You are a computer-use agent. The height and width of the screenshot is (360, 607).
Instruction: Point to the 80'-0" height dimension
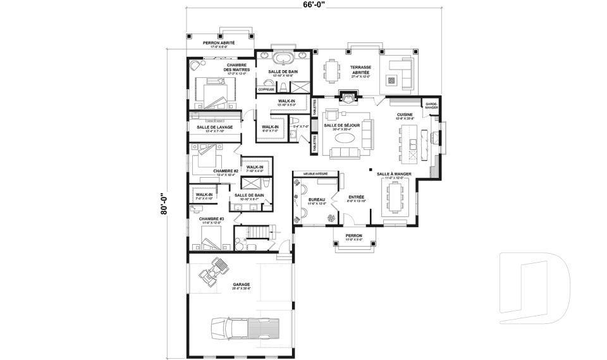click(x=164, y=204)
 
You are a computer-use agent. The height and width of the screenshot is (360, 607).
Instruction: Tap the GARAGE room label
click(x=241, y=285)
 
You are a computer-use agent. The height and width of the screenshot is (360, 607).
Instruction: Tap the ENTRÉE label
click(x=357, y=197)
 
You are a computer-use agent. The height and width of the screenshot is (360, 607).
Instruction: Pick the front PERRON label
click(x=353, y=236)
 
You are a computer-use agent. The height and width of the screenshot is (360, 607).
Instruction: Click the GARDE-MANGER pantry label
click(x=431, y=106)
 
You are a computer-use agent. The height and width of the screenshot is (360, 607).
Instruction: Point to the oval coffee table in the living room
click(x=345, y=137)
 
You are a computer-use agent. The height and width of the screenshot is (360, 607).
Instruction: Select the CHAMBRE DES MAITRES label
click(x=237, y=67)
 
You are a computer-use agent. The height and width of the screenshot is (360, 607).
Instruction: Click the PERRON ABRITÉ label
click(x=218, y=43)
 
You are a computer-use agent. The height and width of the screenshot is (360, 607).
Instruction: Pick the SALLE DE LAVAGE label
click(x=214, y=127)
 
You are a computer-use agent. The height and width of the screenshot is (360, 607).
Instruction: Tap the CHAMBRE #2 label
click(x=226, y=171)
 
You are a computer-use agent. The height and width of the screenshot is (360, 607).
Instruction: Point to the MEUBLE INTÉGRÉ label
click(x=314, y=173)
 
